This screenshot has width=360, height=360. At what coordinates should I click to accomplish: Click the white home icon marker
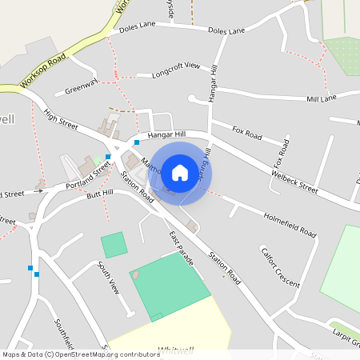click(x=180, y=172)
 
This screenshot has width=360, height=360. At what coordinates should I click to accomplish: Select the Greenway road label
click(x=81, y=86)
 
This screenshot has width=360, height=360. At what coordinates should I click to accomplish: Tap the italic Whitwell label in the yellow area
click(x=176, y=349)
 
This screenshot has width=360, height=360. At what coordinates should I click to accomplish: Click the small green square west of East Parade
click(x=114, y=244)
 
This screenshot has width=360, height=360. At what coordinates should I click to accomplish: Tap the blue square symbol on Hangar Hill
click(x=137, y=142)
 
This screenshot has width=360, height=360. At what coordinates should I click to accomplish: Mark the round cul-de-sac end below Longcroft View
click(x=192, y=98)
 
